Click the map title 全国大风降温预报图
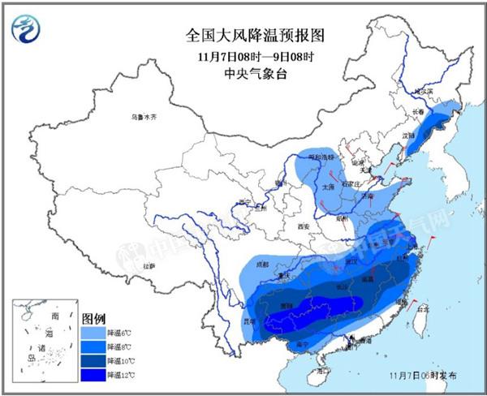[243, 35]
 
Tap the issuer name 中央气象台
[243, 74]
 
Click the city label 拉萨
[148, 265]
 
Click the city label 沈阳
[411, 135]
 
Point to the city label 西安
[304, 226]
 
